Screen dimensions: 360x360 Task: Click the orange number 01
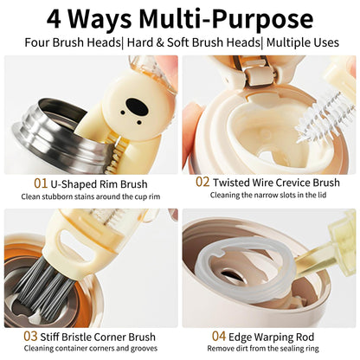click(41, 183)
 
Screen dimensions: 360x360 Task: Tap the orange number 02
click(202, 183)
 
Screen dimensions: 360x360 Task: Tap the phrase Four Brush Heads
click(71, 42)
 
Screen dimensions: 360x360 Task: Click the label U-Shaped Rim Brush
click(100, 183)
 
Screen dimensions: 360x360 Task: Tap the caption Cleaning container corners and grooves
click(90, 350)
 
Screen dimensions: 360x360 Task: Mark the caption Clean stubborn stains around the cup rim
click(90, 197)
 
